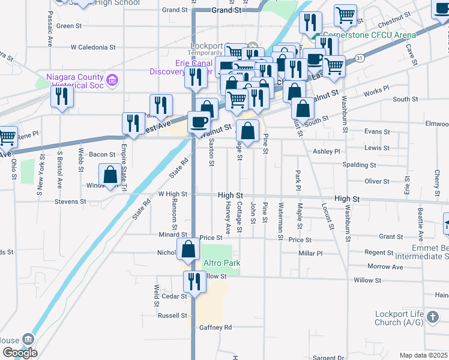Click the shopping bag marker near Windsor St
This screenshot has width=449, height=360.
pos(111,175)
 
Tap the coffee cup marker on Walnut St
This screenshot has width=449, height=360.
pos(199,122)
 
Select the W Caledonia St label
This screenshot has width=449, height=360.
pos(93,47)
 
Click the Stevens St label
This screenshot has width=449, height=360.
pos(71,202)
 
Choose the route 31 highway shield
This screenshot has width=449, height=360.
pos(359,58)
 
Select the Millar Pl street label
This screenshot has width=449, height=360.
pos(310,254)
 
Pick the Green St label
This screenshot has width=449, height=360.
pos(70,26)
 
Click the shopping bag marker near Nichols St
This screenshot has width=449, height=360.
pos(188,249)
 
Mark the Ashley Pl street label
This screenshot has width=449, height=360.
pos(328,152)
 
